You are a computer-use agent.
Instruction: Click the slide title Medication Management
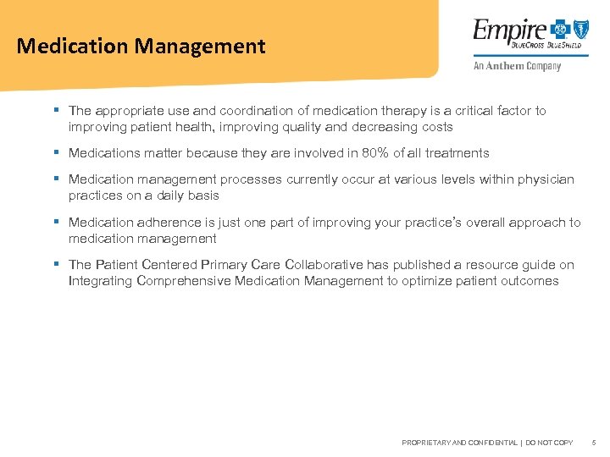[141, 46]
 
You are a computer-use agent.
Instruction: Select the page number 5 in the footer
[594, 443]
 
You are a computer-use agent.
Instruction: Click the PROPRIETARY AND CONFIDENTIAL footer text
[458, 443]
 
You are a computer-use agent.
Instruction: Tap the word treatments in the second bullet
[458, 153]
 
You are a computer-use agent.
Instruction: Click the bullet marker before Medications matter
[55, 153]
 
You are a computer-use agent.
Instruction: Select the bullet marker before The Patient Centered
[55, 265]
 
